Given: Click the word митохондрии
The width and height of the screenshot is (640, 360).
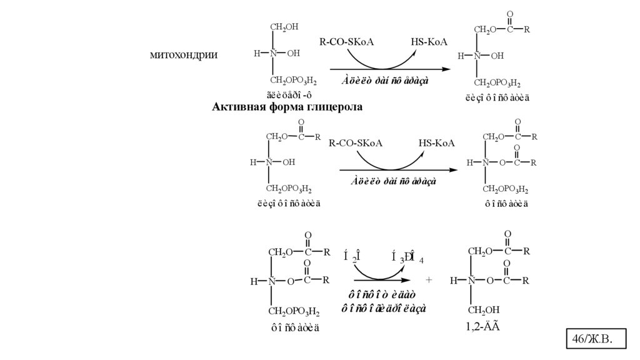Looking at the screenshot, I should [183, 54].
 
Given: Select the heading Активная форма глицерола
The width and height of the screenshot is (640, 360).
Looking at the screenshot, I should [288, 107].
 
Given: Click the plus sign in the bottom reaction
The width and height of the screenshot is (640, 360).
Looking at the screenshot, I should [429, 281].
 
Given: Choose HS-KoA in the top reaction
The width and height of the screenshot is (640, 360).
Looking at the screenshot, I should [429, 42].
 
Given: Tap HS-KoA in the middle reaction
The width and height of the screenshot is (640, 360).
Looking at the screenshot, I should [437, 144].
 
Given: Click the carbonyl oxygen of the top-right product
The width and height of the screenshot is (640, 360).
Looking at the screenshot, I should [510, 14].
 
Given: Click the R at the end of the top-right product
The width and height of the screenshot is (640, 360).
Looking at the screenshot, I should [527, 29].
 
